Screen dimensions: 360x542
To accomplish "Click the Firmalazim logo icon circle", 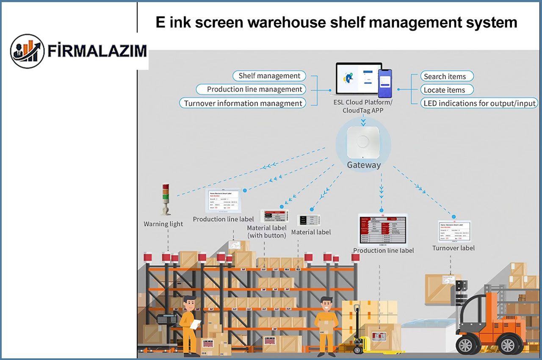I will (27, 51).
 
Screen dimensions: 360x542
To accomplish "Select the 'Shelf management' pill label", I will (269, 76).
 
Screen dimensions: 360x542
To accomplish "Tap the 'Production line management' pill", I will (251, 89).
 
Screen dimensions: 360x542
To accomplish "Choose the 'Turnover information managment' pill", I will (243, 103).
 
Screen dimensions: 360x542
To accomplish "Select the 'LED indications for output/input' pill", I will (479, 103).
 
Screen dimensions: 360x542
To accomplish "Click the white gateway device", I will (363, 143).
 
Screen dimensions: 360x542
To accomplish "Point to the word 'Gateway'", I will (364, 165).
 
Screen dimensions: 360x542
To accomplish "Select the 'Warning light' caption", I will (163, 224).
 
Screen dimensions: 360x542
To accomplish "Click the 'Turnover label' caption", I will (454, 248).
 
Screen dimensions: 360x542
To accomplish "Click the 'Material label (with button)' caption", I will (267, 232).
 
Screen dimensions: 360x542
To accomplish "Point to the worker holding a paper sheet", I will (189, 324).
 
